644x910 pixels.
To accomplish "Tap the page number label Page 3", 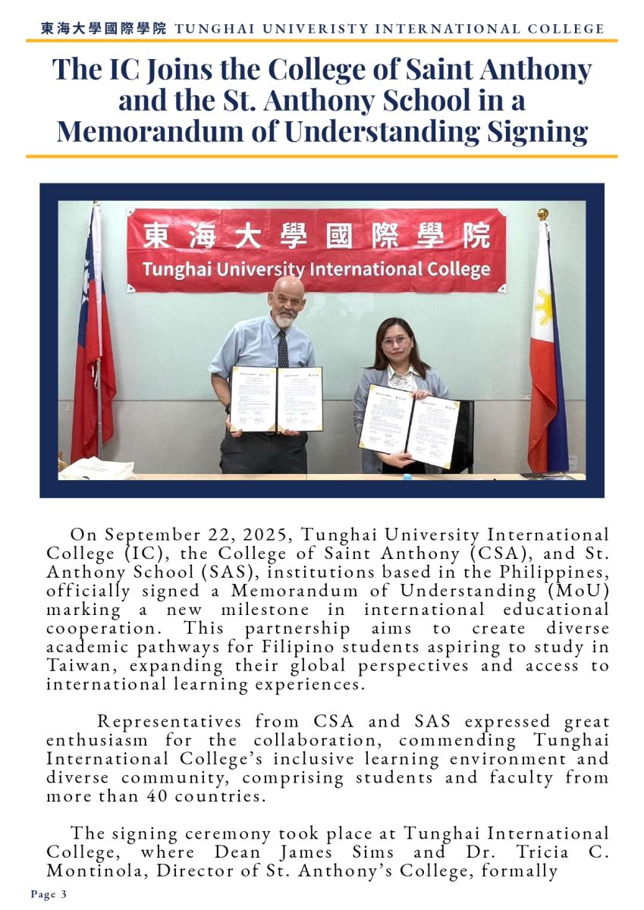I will tap(49, 895).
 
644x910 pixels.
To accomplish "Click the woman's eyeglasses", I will tap(396, 340).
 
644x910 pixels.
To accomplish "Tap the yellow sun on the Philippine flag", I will tap(543, 305).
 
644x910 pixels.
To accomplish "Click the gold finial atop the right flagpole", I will tap(542, 214).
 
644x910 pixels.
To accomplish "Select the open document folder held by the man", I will tap(276, 399).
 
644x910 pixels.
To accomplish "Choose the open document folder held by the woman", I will tap(409, 425).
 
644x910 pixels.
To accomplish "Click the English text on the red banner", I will tap(316, 269).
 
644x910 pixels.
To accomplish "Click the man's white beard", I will tap(284, 319).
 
